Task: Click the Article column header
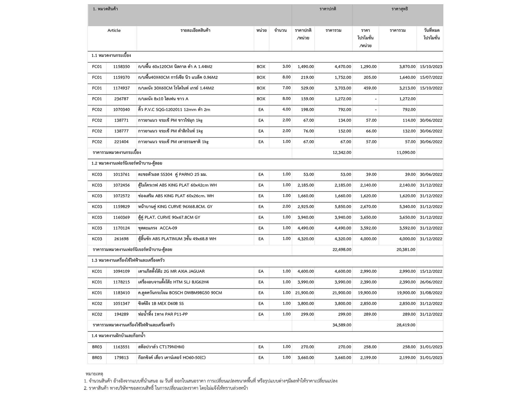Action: [114, 30]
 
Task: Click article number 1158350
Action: [121, 67]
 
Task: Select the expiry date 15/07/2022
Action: [431, 77]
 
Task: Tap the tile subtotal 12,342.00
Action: [341, 152]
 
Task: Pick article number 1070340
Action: [121, 110]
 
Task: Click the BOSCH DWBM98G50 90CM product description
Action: [180, 293]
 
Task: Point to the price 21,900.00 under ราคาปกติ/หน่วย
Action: [304, 293]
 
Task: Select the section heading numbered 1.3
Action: [128, 260]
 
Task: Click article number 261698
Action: [121, 239]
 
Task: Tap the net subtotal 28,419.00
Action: [406, 325]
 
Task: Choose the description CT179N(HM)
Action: [161, 347]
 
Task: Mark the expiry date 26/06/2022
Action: [431, 282]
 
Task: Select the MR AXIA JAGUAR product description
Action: [171, 271]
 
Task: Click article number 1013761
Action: [121, 174]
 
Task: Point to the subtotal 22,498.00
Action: [341, 249]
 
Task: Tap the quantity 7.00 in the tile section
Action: [286, 88]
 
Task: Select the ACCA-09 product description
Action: [157, 228]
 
